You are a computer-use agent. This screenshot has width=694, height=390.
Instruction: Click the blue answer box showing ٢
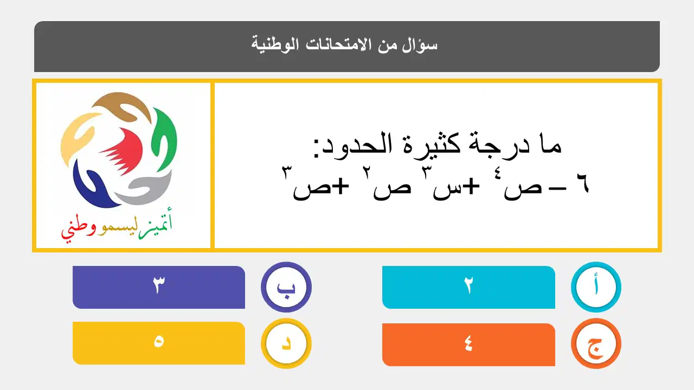468,287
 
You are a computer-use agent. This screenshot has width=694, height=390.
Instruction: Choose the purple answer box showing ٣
159,287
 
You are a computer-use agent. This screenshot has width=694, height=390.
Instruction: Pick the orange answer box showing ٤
468,344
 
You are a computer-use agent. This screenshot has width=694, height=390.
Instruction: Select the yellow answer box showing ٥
159,343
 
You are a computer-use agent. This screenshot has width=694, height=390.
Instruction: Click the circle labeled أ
596,287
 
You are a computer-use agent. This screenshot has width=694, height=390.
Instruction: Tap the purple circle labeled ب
286,287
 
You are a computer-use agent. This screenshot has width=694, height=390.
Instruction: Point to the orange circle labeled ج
596,343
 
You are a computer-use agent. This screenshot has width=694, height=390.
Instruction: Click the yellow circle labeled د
286,343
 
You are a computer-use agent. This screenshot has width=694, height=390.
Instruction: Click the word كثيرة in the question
432,144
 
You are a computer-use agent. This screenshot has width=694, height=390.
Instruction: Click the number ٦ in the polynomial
583,184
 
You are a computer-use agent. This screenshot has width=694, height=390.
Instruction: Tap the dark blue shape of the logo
93,186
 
